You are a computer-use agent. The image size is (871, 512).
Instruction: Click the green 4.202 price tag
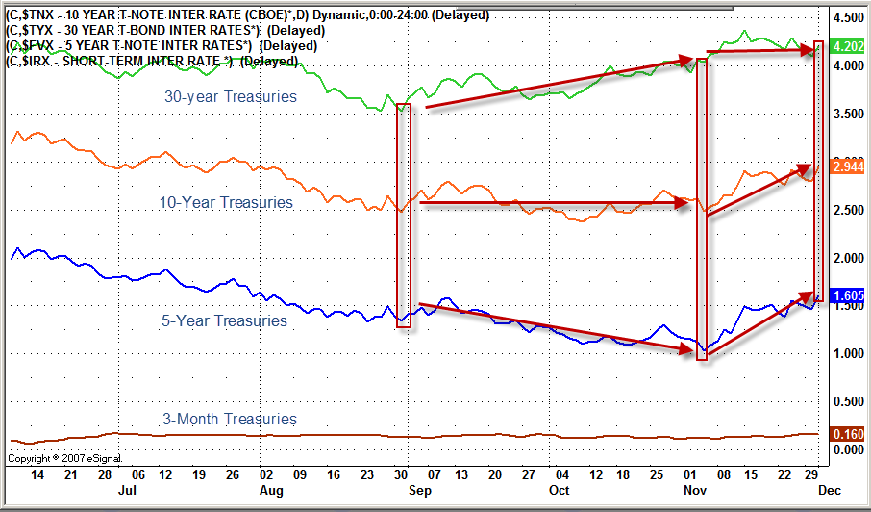click(x=848, y=46)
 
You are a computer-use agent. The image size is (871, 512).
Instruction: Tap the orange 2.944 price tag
click(x=848, y=167)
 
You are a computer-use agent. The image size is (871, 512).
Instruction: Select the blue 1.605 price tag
click(x=848, y=295)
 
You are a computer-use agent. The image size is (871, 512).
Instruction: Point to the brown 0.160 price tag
click(x=848, y=434)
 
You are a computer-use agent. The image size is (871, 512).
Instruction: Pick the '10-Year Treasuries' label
click(x=226, y=202)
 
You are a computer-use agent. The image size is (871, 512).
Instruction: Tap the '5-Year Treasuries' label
click(x=224, y=320)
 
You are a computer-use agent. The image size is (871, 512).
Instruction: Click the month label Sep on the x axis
click(x=415, y=490)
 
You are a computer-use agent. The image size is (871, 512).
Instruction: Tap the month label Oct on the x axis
click(x=559, y=490)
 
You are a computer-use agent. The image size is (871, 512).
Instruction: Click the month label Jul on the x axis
click(x=126, y=490)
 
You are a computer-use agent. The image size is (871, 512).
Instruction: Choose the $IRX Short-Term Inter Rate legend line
click(x=152, y=62)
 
